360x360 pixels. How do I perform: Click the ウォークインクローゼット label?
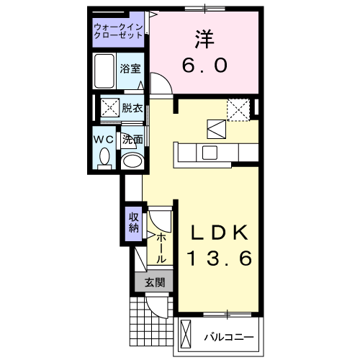coord(119,32)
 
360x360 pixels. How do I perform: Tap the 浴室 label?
coord(131,70)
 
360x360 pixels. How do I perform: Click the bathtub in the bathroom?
coord(106,71)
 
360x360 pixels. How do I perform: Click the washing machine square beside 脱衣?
coord(109,109)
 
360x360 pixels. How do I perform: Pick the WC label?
coord(102,138)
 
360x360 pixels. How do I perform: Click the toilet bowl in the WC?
coord(104,156)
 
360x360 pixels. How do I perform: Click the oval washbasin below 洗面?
coord(131,161)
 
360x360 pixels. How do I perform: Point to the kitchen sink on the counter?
coord(210,153)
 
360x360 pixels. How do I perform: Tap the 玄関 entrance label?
coord(153,282)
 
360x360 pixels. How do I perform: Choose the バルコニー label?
coord(228,336)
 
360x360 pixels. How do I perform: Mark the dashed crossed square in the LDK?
coord(238,109)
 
